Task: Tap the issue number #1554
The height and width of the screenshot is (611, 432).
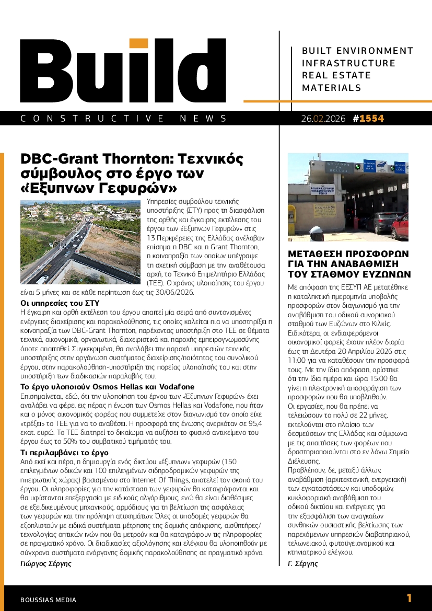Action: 368,119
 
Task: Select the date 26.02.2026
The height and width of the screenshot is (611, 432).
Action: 323,119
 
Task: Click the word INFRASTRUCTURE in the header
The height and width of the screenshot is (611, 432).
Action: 348,63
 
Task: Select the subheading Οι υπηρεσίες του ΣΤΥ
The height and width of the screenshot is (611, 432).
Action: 60,303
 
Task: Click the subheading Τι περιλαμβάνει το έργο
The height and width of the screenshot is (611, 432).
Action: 64,453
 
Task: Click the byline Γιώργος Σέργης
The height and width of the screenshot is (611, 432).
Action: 45,563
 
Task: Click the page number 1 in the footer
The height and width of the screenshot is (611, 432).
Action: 409,598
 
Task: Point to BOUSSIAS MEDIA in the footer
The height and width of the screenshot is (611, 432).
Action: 48,600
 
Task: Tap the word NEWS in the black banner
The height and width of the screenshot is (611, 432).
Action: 210,119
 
